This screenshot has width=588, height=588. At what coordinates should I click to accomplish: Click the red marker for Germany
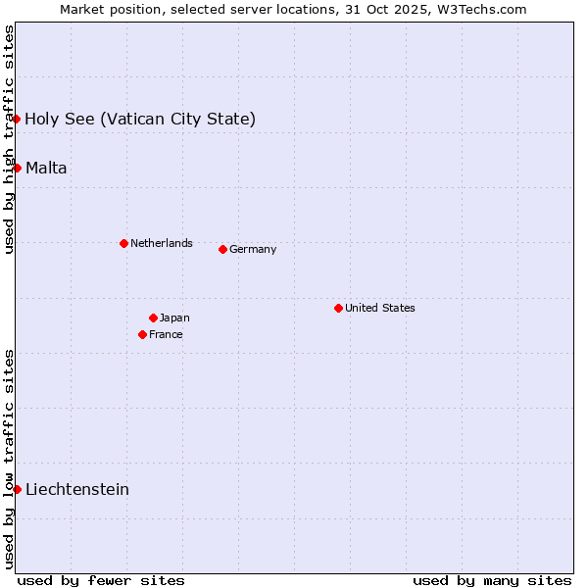coord(222,249)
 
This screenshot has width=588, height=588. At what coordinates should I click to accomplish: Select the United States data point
coord(338,308)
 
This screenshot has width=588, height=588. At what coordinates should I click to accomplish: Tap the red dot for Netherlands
coord(123,243)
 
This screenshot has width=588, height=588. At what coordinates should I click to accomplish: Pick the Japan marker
coord(153,318)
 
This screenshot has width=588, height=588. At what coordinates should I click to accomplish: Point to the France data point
coord(142,334)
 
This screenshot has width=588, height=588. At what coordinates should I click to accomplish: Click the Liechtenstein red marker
coord(17,489)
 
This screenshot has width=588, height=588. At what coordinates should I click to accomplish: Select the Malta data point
coord(17,168)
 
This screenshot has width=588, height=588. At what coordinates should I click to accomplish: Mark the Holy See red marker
coord(17,119)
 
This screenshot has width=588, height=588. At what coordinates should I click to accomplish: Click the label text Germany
coord(253,249)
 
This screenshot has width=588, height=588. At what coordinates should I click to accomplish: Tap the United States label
coord(379,308)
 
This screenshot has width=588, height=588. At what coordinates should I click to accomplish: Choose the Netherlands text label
coord(161,243)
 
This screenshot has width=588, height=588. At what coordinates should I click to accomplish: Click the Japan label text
coord(174,318)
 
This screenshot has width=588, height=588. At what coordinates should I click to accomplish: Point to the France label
coord(166,334)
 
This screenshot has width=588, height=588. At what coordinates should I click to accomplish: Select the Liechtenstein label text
coord(77,489)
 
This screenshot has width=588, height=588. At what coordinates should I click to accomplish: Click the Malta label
coord(46,168)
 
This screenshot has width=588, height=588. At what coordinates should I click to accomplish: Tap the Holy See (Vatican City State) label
coord(140,119)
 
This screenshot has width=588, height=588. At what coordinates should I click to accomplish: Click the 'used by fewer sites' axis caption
coord(101,580)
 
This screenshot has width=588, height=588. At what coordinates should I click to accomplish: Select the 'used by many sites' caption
coord(492,580)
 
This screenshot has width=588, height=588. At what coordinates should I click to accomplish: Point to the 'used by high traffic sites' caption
coord(9,139)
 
